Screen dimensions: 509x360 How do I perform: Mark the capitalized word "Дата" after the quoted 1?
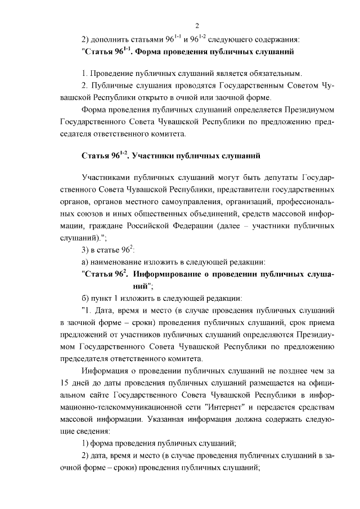[x=106, y=310]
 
